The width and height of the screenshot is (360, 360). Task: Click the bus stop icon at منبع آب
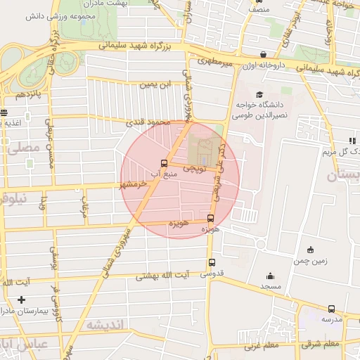tap(165, 162)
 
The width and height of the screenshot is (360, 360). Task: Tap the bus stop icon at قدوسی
tap(212, 263)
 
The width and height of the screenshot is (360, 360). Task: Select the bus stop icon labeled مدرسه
tap(331, 309)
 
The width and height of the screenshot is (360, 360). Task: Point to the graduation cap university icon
tap(259, 94)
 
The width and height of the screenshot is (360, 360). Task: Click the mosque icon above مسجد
tap(270, 276)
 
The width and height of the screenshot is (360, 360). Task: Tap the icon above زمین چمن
tap(310, 249)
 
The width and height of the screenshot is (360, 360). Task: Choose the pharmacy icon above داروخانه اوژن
tap(262, 54)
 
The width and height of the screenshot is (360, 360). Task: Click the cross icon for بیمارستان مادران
tap(22, 300)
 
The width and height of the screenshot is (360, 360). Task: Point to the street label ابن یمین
tap(155, 84)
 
